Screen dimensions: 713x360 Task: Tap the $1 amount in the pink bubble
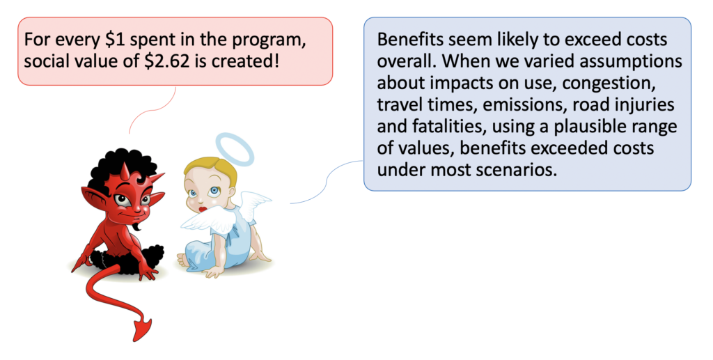[112, 40]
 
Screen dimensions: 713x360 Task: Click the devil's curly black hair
[119, 169]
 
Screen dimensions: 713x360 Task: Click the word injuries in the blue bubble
[645, 105]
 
